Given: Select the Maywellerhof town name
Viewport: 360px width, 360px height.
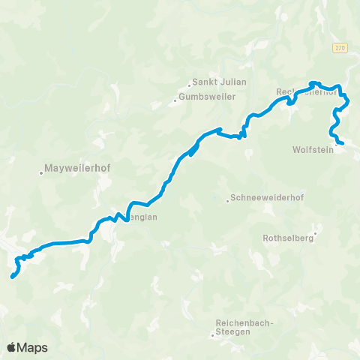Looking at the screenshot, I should [x=78, y=168].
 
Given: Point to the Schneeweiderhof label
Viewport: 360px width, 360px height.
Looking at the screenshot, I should [x=262, y=199].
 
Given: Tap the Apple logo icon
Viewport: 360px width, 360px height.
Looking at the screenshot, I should [x=12, y=347].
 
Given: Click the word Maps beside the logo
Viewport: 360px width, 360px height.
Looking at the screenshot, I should [x=34, y=347].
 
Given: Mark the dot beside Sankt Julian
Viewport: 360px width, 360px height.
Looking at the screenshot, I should [x=189, y=83].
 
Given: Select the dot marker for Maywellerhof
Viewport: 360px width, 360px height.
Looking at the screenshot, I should [x=41, y=173].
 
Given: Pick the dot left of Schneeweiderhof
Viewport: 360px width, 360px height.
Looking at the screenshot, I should [x=228, y=200].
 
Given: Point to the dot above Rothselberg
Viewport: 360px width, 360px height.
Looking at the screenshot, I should [x=316, y=232].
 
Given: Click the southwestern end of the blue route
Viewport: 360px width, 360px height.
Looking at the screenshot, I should [x=12, y=277].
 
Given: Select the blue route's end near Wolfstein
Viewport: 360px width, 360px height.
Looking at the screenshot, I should [x=342, y=143].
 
